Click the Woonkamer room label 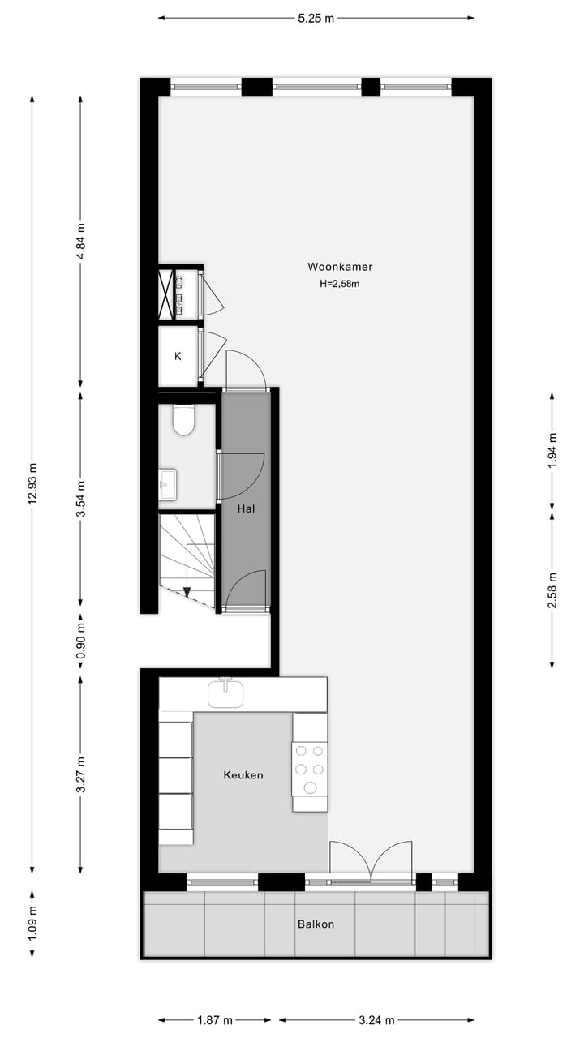(x=340, y=267)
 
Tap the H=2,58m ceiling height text (x=340, y=284)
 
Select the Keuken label (x=243, y=775)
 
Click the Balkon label (x=316, y=924)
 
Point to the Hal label (x=247, y=509)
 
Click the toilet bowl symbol (x=184, y=420)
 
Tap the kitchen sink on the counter (x=225, y=693)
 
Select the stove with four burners (x=310, y=768)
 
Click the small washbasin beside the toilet (x=169, y=485)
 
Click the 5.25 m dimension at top (x=316, y=19)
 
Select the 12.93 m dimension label (x=32, y=484)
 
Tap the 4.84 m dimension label (x=80, y=241)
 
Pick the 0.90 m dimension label (x=80, y=642)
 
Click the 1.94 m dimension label (x=552, y=452)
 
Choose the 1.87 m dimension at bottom (x=215, y=1020)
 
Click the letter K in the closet (x=178, y=356)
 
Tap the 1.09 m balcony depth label (x=32, y=924)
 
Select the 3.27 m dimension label (x=80, y=776)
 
